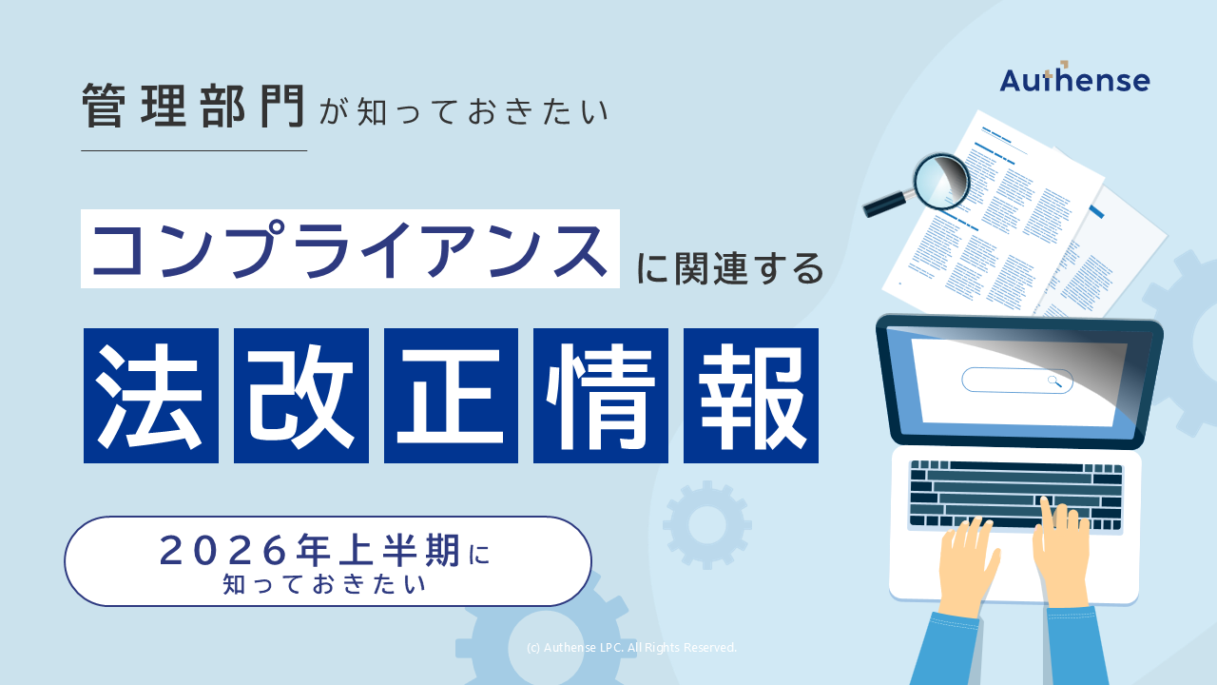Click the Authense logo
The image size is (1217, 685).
1074,79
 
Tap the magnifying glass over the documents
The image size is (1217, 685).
939,181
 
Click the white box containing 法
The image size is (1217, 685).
151,396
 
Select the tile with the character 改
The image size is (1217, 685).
301,396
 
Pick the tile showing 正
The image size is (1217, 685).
451,396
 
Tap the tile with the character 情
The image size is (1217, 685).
601,396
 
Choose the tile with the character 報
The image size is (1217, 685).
751,396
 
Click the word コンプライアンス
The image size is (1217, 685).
350,249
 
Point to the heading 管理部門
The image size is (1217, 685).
193,106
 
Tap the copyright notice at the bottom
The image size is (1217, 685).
631,648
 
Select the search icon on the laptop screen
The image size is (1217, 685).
1054,382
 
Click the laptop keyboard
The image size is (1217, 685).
1015,495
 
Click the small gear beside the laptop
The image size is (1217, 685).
706,524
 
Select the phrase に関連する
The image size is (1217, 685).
728,268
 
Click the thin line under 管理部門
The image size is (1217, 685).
194,150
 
